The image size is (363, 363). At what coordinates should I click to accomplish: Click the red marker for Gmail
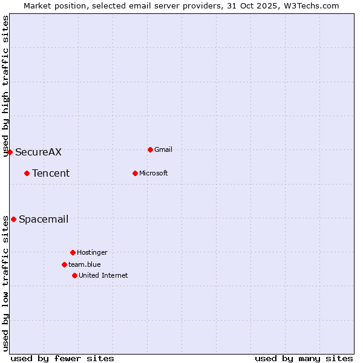coord(150,149)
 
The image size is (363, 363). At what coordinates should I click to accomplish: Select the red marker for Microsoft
coord(135,173)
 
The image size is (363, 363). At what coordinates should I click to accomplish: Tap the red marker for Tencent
coord(27,173)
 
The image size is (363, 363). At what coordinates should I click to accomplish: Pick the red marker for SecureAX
coord(10,152)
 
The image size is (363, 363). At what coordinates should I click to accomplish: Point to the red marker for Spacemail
coord(13,219)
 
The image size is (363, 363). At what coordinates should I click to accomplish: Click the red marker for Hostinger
coord(73,252)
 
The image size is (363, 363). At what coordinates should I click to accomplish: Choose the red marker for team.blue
coord(64,264)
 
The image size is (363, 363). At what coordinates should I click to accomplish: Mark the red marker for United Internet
coord(74,275)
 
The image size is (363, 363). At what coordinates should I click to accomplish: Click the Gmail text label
coord(163,150)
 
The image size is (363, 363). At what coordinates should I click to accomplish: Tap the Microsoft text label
coord(154,174)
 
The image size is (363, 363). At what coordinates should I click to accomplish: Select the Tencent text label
coord(51,174)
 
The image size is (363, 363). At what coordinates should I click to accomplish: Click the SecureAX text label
coord(38,152)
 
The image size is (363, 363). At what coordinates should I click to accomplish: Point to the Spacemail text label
coord(44,220)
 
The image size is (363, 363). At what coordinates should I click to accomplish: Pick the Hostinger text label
coord(92,253)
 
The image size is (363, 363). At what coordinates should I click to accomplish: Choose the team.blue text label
coord(85,265)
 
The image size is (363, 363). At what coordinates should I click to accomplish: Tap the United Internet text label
coord(103,276)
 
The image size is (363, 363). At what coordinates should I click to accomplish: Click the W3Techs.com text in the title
coord(310,5)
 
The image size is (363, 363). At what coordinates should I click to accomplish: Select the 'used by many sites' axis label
coord(304,358)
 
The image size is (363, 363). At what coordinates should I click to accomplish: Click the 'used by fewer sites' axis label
coord(62,358)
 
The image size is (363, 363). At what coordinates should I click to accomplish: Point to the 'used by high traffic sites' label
coord(5,86)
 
